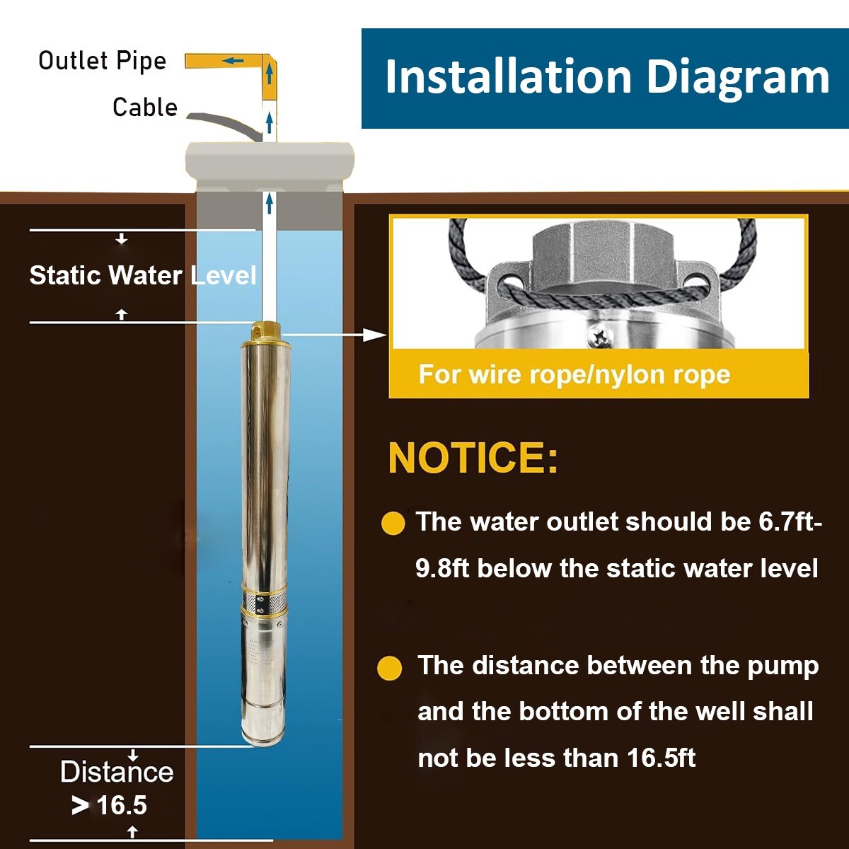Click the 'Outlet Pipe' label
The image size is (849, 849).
pyautogui.click(x=102, y=62)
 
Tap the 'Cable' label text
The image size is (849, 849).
pyautogui.click(x=145, y=107)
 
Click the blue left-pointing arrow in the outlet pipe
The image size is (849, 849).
pyautogui.click(x=233, y=60)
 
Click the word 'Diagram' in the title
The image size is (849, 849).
pyautogui.click(x=738, y=79)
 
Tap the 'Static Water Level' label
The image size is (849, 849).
pyautogui.click(x=143, y=276)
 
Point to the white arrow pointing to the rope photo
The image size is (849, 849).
pyautogui.click(x=334, y=335)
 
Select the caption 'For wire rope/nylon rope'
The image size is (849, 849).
pyautogui.click(x=574, y=374)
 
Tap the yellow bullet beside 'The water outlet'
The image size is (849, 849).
pyautogui.click(x=393, y=524)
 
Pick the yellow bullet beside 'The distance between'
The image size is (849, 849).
pyautogui.click(x=389, y=668)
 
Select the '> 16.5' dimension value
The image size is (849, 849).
pyautogui.click(x=109, y=805)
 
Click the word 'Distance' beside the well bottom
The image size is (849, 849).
pyautogui.click(x=117, y=772)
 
